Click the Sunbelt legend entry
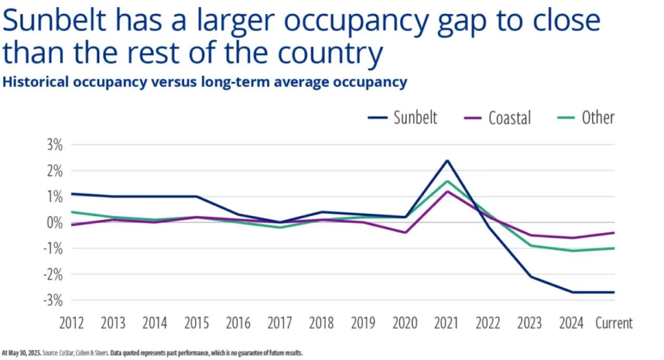(415, 117)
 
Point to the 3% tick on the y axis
(54, 145)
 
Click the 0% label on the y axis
(54, 222)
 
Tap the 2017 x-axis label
(280, 323)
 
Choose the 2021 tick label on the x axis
(447, 323)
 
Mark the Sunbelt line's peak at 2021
(447, 160)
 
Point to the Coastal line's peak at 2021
(447, 191)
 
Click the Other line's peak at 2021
(447, 181)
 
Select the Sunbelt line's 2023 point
(531, 277)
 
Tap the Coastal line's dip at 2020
(405, 232)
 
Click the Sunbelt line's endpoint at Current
(613, 292)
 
